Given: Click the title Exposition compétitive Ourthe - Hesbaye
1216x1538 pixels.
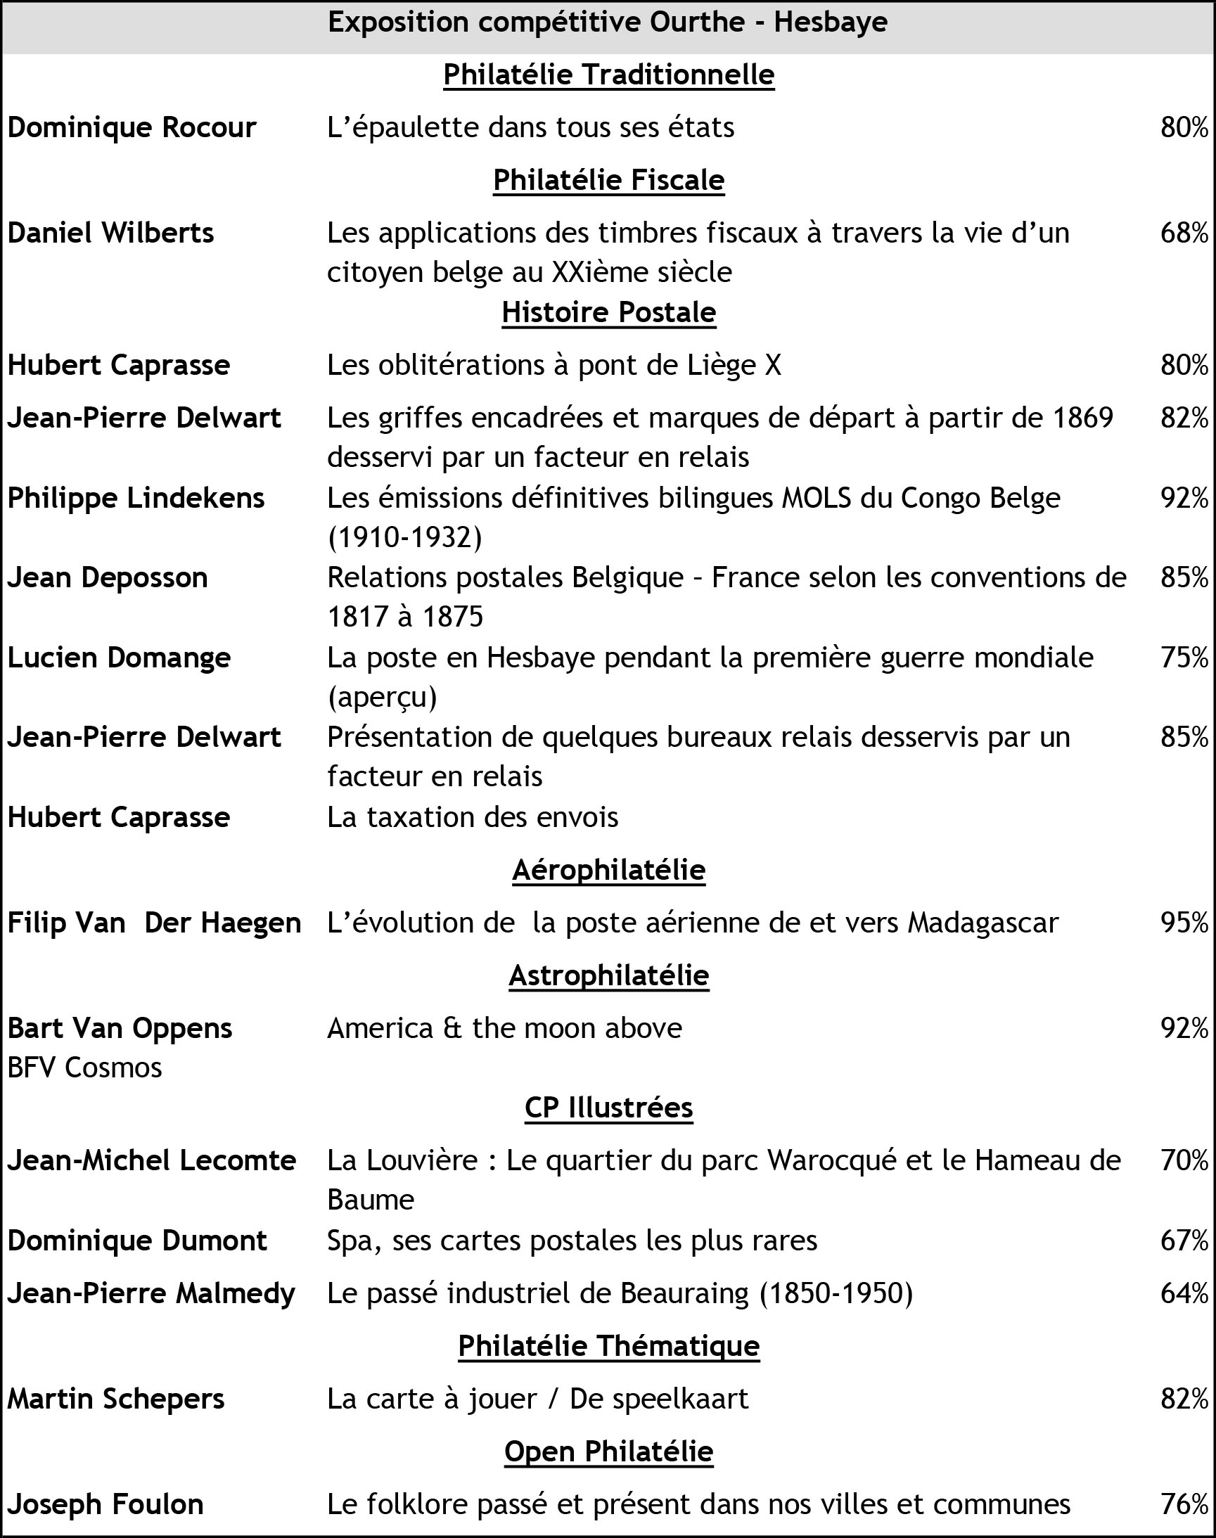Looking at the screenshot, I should tap(607, 23).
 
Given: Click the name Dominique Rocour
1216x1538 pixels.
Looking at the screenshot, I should tap(132, 128).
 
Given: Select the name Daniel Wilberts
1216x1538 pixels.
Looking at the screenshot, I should tap(110, 233).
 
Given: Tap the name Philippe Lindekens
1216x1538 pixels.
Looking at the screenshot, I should tap(136, 498).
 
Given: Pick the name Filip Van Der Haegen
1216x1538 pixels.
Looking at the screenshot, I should tap(155, 923).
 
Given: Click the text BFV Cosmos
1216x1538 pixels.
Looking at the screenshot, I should tap(84, 1068).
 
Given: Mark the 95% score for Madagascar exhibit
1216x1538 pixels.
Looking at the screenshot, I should tap(1184, 923).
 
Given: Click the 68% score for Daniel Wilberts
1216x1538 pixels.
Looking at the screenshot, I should tap(1184, 233).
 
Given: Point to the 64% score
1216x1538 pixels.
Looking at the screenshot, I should tap(1184, 1293).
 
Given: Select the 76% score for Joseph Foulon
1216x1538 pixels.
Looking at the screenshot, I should tap(1184, 1504).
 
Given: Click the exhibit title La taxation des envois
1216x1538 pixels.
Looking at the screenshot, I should tap(473, 818).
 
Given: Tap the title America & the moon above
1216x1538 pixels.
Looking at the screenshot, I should tap(504, 1028).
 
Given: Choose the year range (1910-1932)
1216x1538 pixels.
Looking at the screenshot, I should tap(404, 538).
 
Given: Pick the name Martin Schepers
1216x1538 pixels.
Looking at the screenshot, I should tap(116, 1399).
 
